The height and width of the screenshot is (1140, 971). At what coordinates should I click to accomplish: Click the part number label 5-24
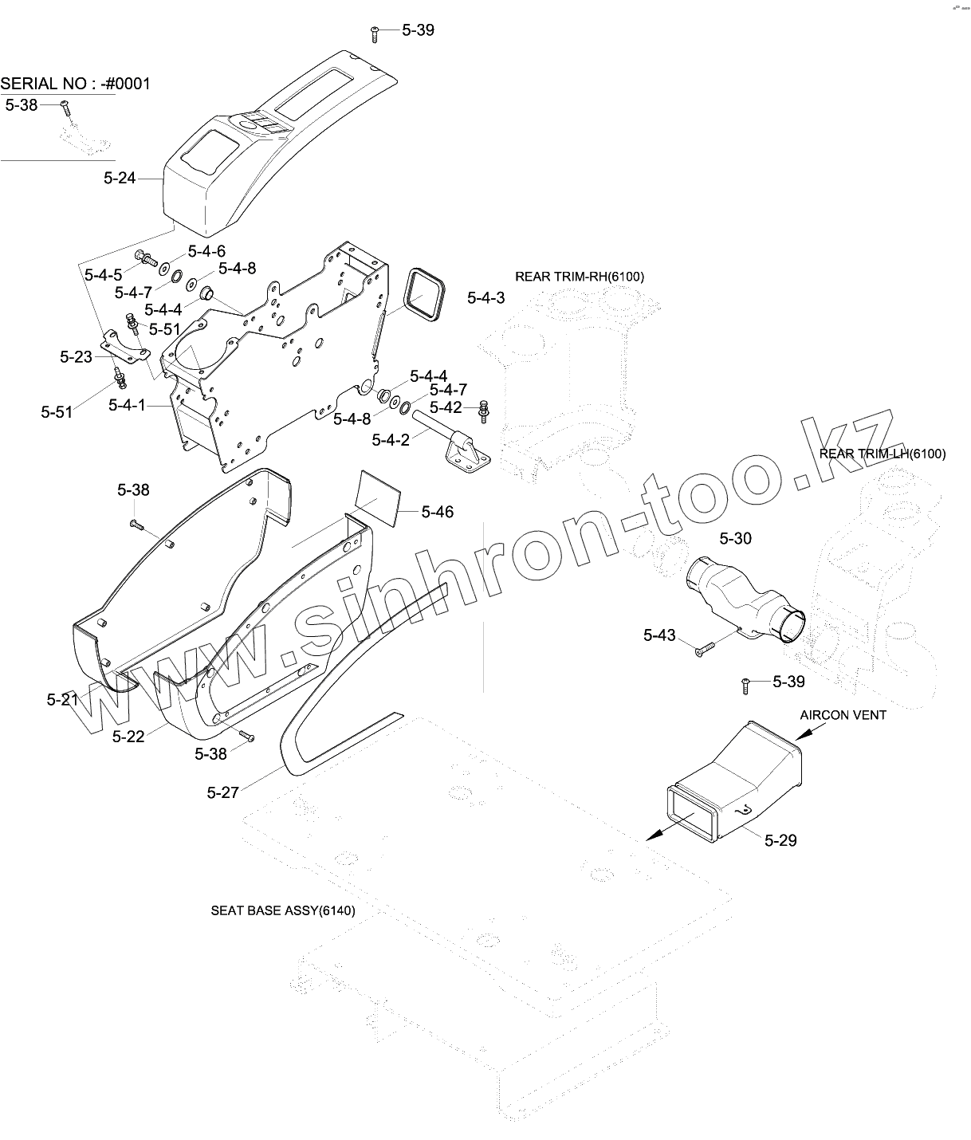(120, 179)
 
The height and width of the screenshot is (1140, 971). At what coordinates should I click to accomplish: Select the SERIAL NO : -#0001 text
(76, 84)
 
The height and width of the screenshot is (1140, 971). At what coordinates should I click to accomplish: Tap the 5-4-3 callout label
(485, 298)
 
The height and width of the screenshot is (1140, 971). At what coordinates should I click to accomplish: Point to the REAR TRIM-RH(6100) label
(579, 277)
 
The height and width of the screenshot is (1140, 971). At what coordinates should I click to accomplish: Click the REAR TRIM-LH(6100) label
(882, 454)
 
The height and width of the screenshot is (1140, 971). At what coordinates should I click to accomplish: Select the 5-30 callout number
(735, 539)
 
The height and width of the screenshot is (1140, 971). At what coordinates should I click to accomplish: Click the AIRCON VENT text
(843, 715)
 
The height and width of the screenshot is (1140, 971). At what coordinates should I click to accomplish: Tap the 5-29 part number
(780, 840)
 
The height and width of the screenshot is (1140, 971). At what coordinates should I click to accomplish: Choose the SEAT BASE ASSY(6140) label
(283, 910)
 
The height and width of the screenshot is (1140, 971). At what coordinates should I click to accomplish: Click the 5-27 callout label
(222, 792)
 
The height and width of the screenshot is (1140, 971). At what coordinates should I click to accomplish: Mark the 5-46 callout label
(437, 512)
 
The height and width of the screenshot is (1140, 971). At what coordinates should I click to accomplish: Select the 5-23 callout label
(76, 357)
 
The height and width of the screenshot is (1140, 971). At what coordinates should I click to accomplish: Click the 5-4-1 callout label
(127, 405)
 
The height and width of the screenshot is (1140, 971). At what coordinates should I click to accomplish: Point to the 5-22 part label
(128, 737)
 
